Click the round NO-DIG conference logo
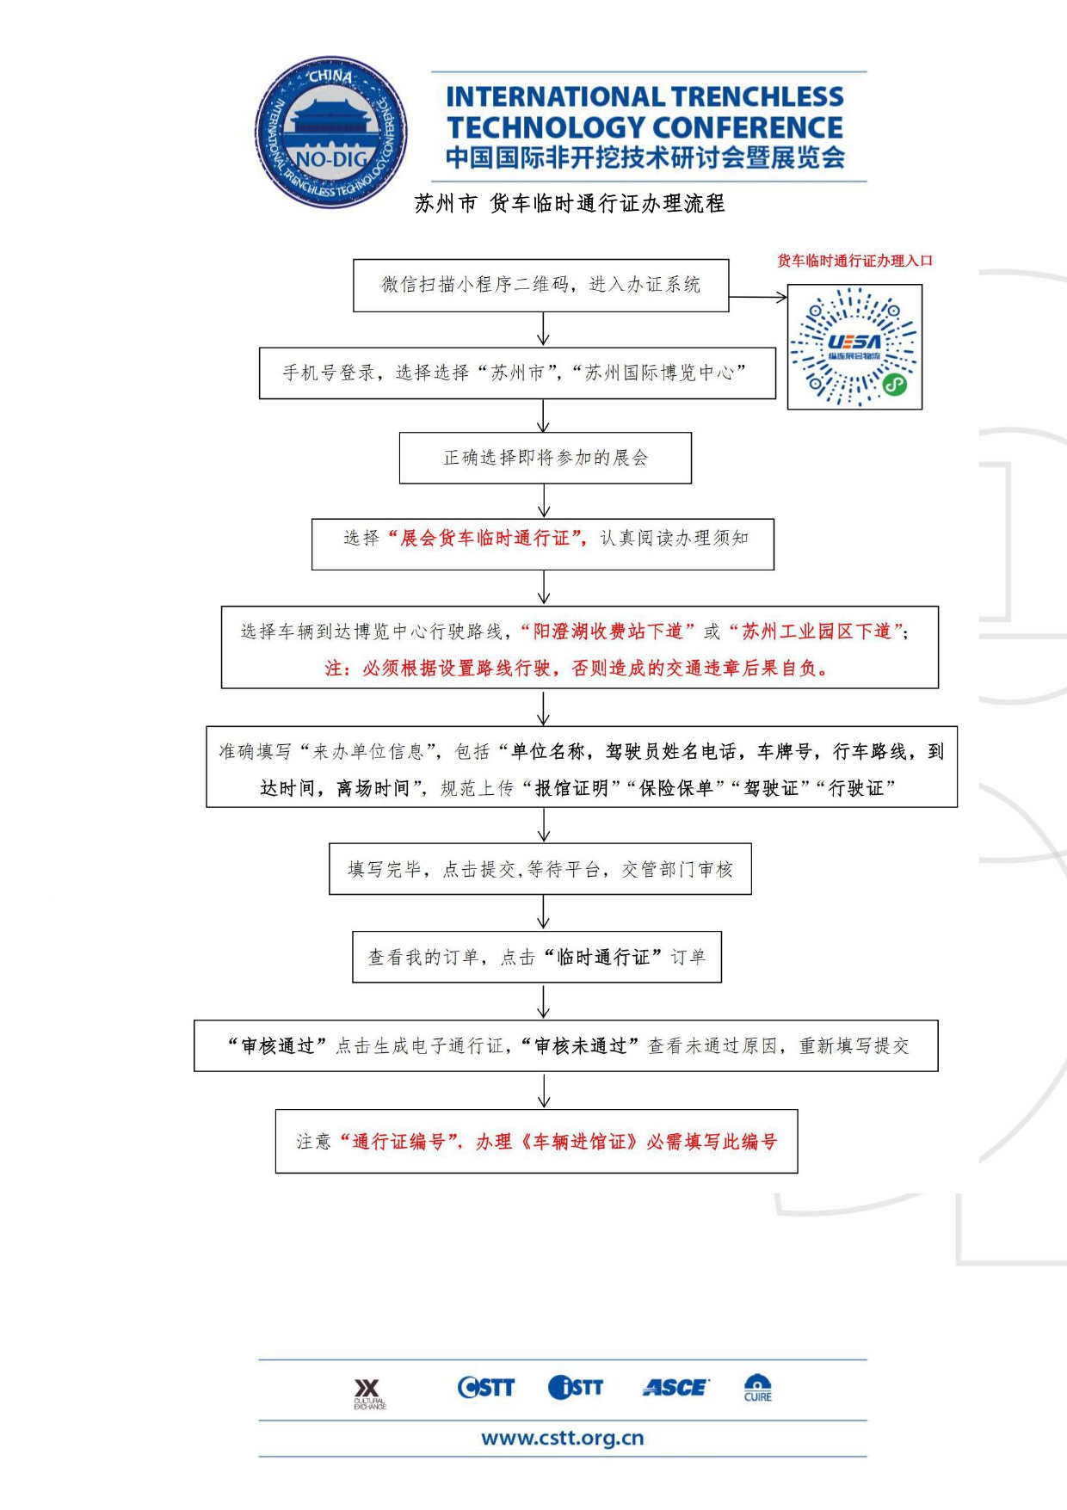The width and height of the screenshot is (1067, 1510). (x=331, y=133)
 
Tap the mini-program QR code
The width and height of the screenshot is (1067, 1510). (x=854, y=347)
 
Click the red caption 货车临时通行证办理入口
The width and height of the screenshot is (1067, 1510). (x=854, y=261)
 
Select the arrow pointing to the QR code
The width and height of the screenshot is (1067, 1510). (x=758, y=297)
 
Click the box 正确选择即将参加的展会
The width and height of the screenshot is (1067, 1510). (x=545, y=458)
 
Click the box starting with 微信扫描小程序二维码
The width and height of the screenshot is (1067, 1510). (x=540, y=285)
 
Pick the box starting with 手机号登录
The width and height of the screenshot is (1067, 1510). (x=516, y=373)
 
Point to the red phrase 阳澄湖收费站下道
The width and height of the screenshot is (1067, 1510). (x=608, y=632)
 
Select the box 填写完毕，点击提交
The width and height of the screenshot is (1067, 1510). (x=540, y=869)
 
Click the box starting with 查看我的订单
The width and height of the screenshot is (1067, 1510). (x=536, y=957)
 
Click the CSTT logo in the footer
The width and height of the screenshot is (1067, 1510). (x=485, y=1387)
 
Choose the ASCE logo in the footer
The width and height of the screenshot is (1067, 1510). (x=675, y=1387)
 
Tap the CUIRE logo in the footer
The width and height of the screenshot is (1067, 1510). (x=757, y=1388)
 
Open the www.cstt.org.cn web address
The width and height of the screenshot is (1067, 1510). (x=562, y=1438)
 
